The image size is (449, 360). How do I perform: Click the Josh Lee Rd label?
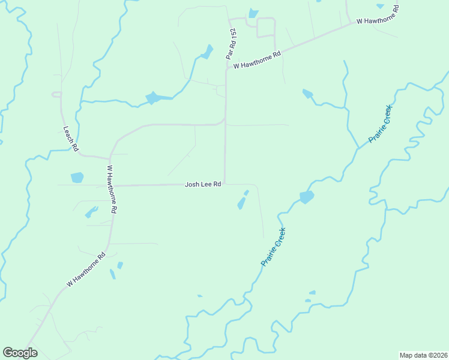(x=203, y=185)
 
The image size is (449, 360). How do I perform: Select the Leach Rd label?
(x=71, y=138)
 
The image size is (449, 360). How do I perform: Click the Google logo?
(x=20, y=353)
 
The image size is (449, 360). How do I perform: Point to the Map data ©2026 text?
(x=423, y=355)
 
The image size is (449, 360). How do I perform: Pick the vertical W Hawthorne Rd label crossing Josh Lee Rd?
(x=112, y=190)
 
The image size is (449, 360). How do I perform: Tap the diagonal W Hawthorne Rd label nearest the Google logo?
(x=86, y=269)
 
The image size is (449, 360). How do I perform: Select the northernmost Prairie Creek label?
(x=380, y=124)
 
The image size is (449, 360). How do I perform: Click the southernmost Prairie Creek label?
(x=273, y=247)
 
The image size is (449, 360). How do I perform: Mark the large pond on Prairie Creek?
(x=306, y=197)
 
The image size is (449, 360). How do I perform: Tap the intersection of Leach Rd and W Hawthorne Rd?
(x=109, y=157)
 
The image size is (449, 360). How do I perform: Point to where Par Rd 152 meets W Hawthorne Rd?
(x=226, y=69)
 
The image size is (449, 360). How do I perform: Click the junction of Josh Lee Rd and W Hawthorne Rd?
(x=113, y=185)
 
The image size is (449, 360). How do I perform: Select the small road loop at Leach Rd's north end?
(x=57, y=94)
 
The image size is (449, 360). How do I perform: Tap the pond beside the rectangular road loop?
(x=253, y=13)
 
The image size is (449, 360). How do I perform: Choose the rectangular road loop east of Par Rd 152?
(x=265, y=28)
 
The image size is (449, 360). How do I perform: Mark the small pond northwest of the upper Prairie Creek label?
(x=307, y=93)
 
